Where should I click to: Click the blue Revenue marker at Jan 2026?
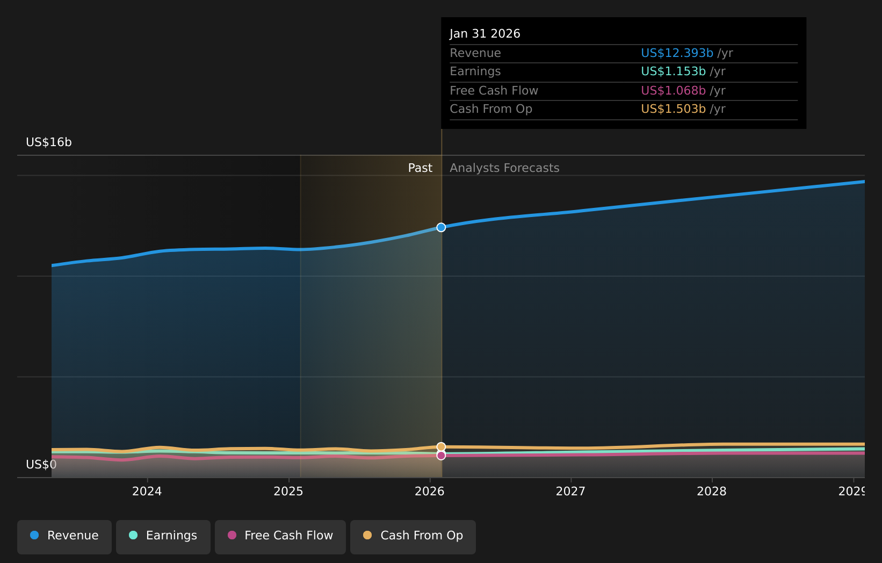[441, 227]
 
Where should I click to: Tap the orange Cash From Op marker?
[441, 446]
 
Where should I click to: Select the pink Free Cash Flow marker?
[441, 456]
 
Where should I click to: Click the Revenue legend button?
[64, 536]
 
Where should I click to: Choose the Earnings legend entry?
[163, 536]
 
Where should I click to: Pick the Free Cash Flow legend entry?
[280, 536]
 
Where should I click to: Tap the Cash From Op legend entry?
[413, 536]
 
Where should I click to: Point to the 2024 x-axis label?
[147, 491]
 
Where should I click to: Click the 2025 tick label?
[288, 491]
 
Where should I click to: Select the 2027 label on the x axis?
[570, 491]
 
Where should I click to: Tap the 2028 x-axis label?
[712, 491]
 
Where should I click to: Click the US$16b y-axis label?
[49, 142]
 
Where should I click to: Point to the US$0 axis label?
[41, 464]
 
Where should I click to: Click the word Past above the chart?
[420, 168]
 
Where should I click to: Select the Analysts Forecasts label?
[504, 168]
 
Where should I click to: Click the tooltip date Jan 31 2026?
[485, 34]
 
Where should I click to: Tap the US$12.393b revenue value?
[677, 53]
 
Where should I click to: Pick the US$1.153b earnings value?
[673, 71]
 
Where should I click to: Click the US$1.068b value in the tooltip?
[673, 91]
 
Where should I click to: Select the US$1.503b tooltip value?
[673, 109]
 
